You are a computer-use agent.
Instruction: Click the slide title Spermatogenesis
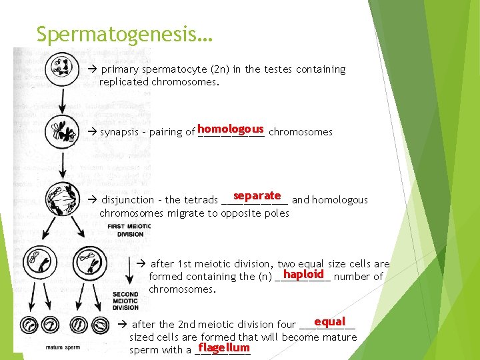coord(124,34)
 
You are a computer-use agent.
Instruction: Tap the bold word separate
coord(257,196)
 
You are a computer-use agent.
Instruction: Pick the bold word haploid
coord(303,274)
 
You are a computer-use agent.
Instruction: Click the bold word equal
coord(329,322)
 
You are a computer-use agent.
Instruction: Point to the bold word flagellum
coord(223,347)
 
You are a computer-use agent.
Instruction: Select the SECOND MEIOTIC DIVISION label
coord(125,301)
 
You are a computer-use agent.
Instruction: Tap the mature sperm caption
coord(63,347)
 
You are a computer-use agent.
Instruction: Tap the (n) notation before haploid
coord(265,277)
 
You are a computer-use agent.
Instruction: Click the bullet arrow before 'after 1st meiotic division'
coord(141,264)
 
